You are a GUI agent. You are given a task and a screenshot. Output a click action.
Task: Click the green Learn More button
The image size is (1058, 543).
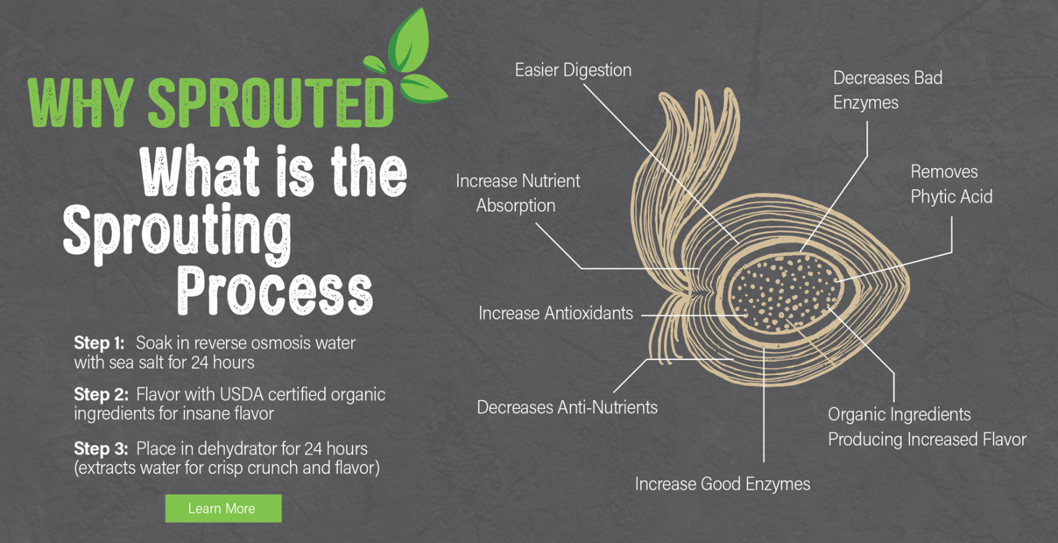(x=223, y=508)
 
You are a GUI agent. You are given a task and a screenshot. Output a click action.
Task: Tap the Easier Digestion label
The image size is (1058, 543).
(x=573, y=71)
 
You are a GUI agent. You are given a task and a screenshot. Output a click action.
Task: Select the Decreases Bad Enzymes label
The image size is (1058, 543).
(x=888, y=90)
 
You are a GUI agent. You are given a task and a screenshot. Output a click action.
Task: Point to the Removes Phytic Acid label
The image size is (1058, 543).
(x=952, y=184)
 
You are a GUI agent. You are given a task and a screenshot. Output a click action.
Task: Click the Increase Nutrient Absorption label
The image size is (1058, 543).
(x=517, y=193)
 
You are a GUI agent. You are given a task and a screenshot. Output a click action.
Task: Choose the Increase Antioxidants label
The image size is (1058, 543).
(x=555, y=313)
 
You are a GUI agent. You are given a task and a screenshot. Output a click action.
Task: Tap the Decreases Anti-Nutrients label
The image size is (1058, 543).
(x=567, y=407)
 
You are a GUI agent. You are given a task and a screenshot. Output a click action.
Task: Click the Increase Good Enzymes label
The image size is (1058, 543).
(x=722, y=484)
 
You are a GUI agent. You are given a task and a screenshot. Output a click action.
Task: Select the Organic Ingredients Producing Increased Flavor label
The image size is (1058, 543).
(x=926, y=427)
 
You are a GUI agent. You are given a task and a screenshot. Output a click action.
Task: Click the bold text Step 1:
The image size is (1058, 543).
(x=99, y=343)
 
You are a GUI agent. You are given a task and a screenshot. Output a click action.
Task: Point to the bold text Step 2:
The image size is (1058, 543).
(x=101, y=395)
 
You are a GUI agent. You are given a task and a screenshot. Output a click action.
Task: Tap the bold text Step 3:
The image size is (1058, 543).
(x=101, y=449)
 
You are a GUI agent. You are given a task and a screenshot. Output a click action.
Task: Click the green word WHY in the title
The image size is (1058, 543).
(x=80, y=103)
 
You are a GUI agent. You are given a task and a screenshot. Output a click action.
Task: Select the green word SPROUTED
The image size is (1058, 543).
(x=271, y=103)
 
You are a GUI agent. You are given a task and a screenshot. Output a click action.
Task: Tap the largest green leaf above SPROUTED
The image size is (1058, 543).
(x=409, y=41)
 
